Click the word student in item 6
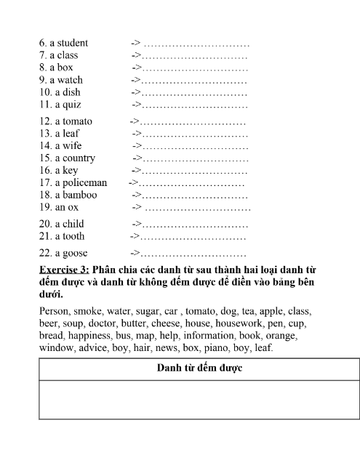(x=72, y=43)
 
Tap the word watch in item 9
(x=69, y=80)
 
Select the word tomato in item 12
(x=77, y=121)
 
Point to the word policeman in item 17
(x=84, y=183)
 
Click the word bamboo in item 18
(x=80, y=195)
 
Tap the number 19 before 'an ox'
(x=46, y=208)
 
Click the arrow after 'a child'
(x=136, y=224)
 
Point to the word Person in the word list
(x=55, y=311)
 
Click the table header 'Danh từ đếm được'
(x=199, y=368)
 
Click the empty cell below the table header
(x=199, y=399)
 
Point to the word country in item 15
(x=78, y=158)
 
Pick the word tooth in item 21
(x=73, y=236)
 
